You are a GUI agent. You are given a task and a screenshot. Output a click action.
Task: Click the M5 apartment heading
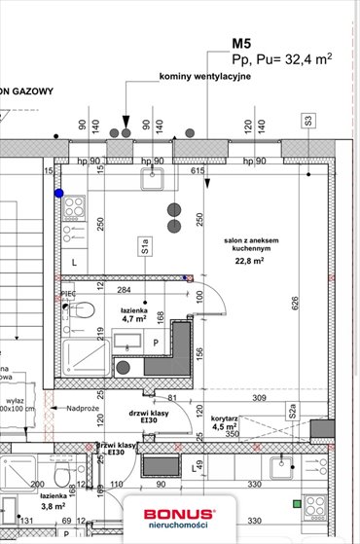(241, 43)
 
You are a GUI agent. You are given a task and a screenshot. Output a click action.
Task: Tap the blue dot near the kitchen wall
(59, 194)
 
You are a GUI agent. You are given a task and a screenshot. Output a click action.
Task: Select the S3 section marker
(308, 122)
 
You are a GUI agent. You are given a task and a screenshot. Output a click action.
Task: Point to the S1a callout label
(144, 246)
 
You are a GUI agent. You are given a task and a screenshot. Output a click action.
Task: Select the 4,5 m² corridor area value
(225, 425)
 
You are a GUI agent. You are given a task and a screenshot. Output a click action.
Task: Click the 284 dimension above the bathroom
(125, 289)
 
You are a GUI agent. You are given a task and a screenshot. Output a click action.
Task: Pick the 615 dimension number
(198, 172)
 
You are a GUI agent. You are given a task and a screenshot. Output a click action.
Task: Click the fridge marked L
(74, 262)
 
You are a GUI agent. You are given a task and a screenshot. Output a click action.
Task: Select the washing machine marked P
(157, 343)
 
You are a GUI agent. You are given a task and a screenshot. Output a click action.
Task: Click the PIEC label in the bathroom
(68, 293)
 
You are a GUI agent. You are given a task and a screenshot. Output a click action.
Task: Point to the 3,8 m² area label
(53, 507)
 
